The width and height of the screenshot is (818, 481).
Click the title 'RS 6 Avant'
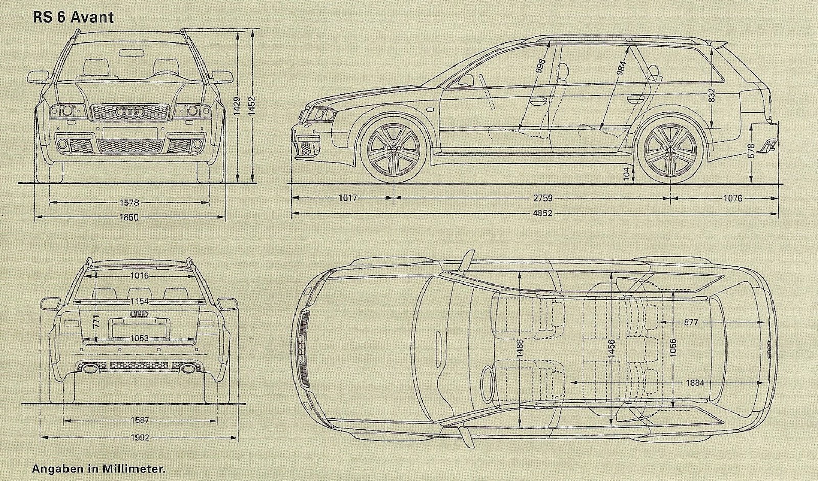tap(73, 17)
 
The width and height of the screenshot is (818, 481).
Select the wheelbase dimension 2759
tap(542, 198)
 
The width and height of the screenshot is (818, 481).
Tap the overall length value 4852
tap(542, 213)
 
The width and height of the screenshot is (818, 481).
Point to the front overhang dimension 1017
tap(348, 198)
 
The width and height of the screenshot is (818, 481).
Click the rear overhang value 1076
tap(732, 198)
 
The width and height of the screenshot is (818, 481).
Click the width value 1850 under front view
tap(129, 217)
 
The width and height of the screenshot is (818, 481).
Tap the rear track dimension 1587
tap(139, 420)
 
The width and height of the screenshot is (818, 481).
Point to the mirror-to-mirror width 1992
tap(139, 438)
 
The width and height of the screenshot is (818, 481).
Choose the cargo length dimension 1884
tap(695, 383)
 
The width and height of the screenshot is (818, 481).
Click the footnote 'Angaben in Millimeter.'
tap(99, 468)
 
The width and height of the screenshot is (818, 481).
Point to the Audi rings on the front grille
tap(129, 111)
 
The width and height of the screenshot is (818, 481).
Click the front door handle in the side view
tap(537, 101)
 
